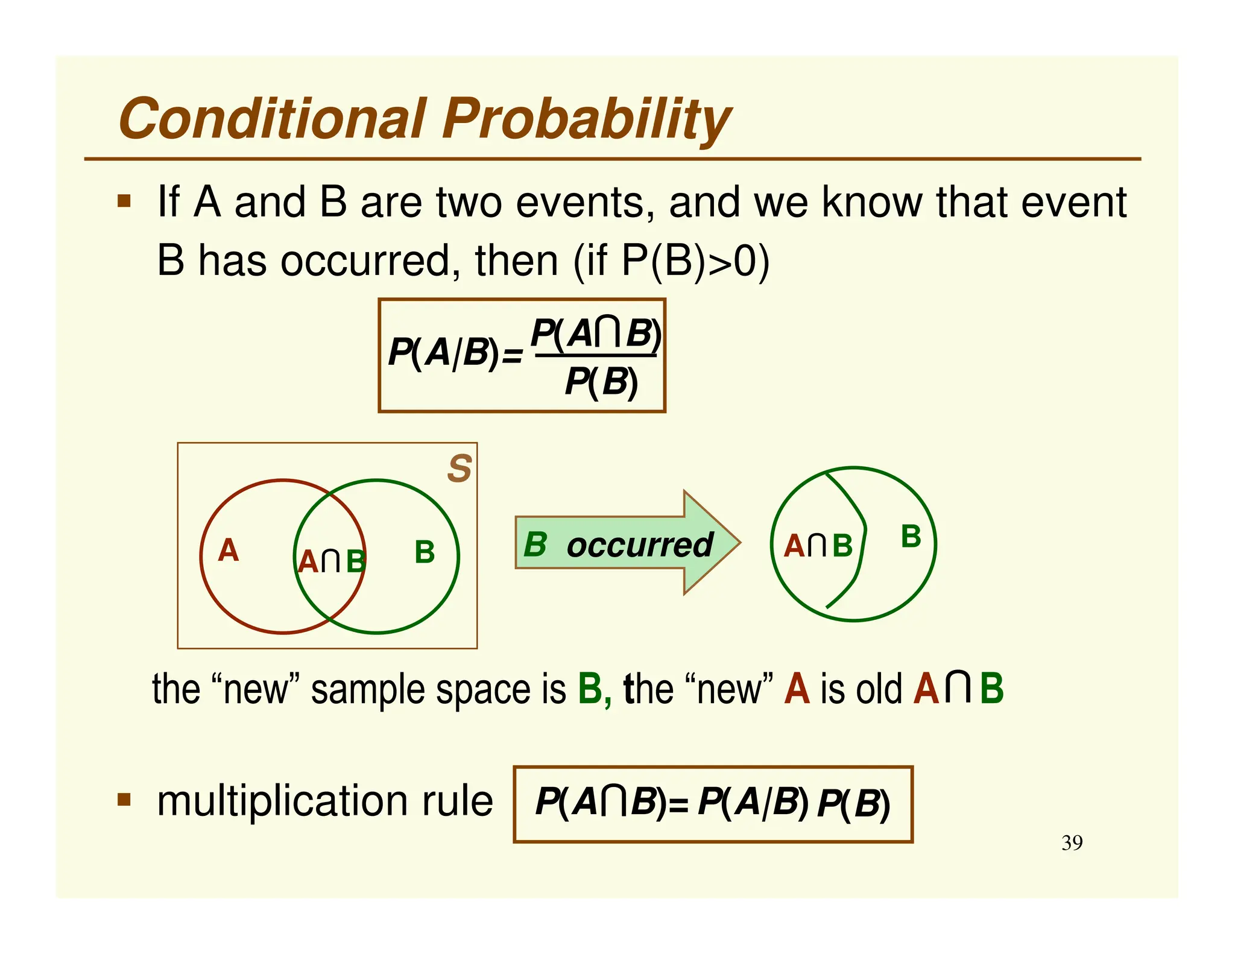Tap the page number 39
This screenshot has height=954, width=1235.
click(1072, 842)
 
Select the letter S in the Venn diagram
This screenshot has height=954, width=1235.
click(460, 469)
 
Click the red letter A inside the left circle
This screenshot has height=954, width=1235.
click(229, 551)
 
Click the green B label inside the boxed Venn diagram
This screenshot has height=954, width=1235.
click(425, 552)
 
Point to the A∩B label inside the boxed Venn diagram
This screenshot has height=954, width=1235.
click(331, 561)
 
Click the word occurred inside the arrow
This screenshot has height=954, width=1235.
click(640, 545)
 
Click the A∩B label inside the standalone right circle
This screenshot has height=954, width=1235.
click(818, 546)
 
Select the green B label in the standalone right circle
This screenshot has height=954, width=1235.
click(911, 537)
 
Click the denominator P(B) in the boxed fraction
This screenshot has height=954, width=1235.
click(601, 382)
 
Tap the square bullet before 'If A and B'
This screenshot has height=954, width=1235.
click(124, 201)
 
